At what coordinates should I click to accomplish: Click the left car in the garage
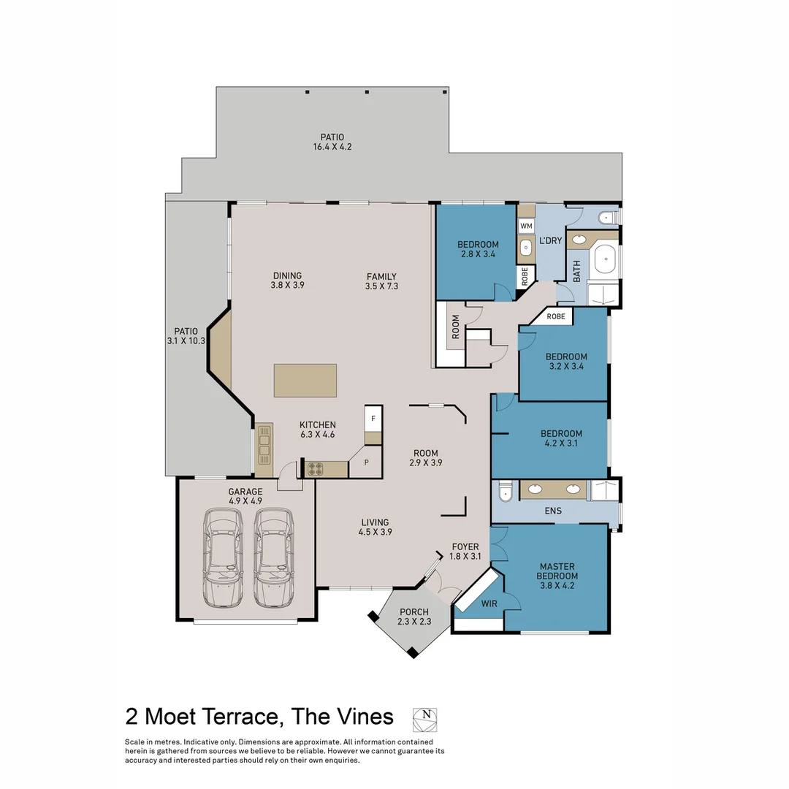pyautogui.click(x=224, y=558)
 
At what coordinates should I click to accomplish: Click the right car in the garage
pyautogui.click(x=274, y=558)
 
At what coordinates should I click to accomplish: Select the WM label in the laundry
pyautogui.click(x=526, y=226)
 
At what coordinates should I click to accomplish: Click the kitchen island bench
pyautogui.click(x=305, y=381)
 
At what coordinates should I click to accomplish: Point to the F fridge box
pyautogui.click(x=373, y=419)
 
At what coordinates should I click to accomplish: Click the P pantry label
pyautogui.click(x=367, y=462)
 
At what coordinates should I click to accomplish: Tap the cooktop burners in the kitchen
pyautogui.click(x=315, y=469)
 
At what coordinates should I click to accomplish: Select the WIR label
pyautogui.click(x=489, y=604)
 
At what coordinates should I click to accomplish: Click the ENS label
pyautogui.click(x=553, y=511)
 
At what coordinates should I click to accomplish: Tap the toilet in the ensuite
pyautogui.click(x=505, y=495)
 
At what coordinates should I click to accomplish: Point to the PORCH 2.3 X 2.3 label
pyautogui.click(x=413, y=617)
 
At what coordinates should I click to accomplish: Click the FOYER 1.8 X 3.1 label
pyautogui.click(x=465, y=552)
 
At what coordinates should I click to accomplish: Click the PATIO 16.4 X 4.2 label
pyautogui.click(x=332, y=142)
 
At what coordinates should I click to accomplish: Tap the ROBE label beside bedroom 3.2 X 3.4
pyautogui.click(x=556, y=316)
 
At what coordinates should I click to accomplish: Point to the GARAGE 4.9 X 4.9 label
pyautogui.click(x=245, y=496)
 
